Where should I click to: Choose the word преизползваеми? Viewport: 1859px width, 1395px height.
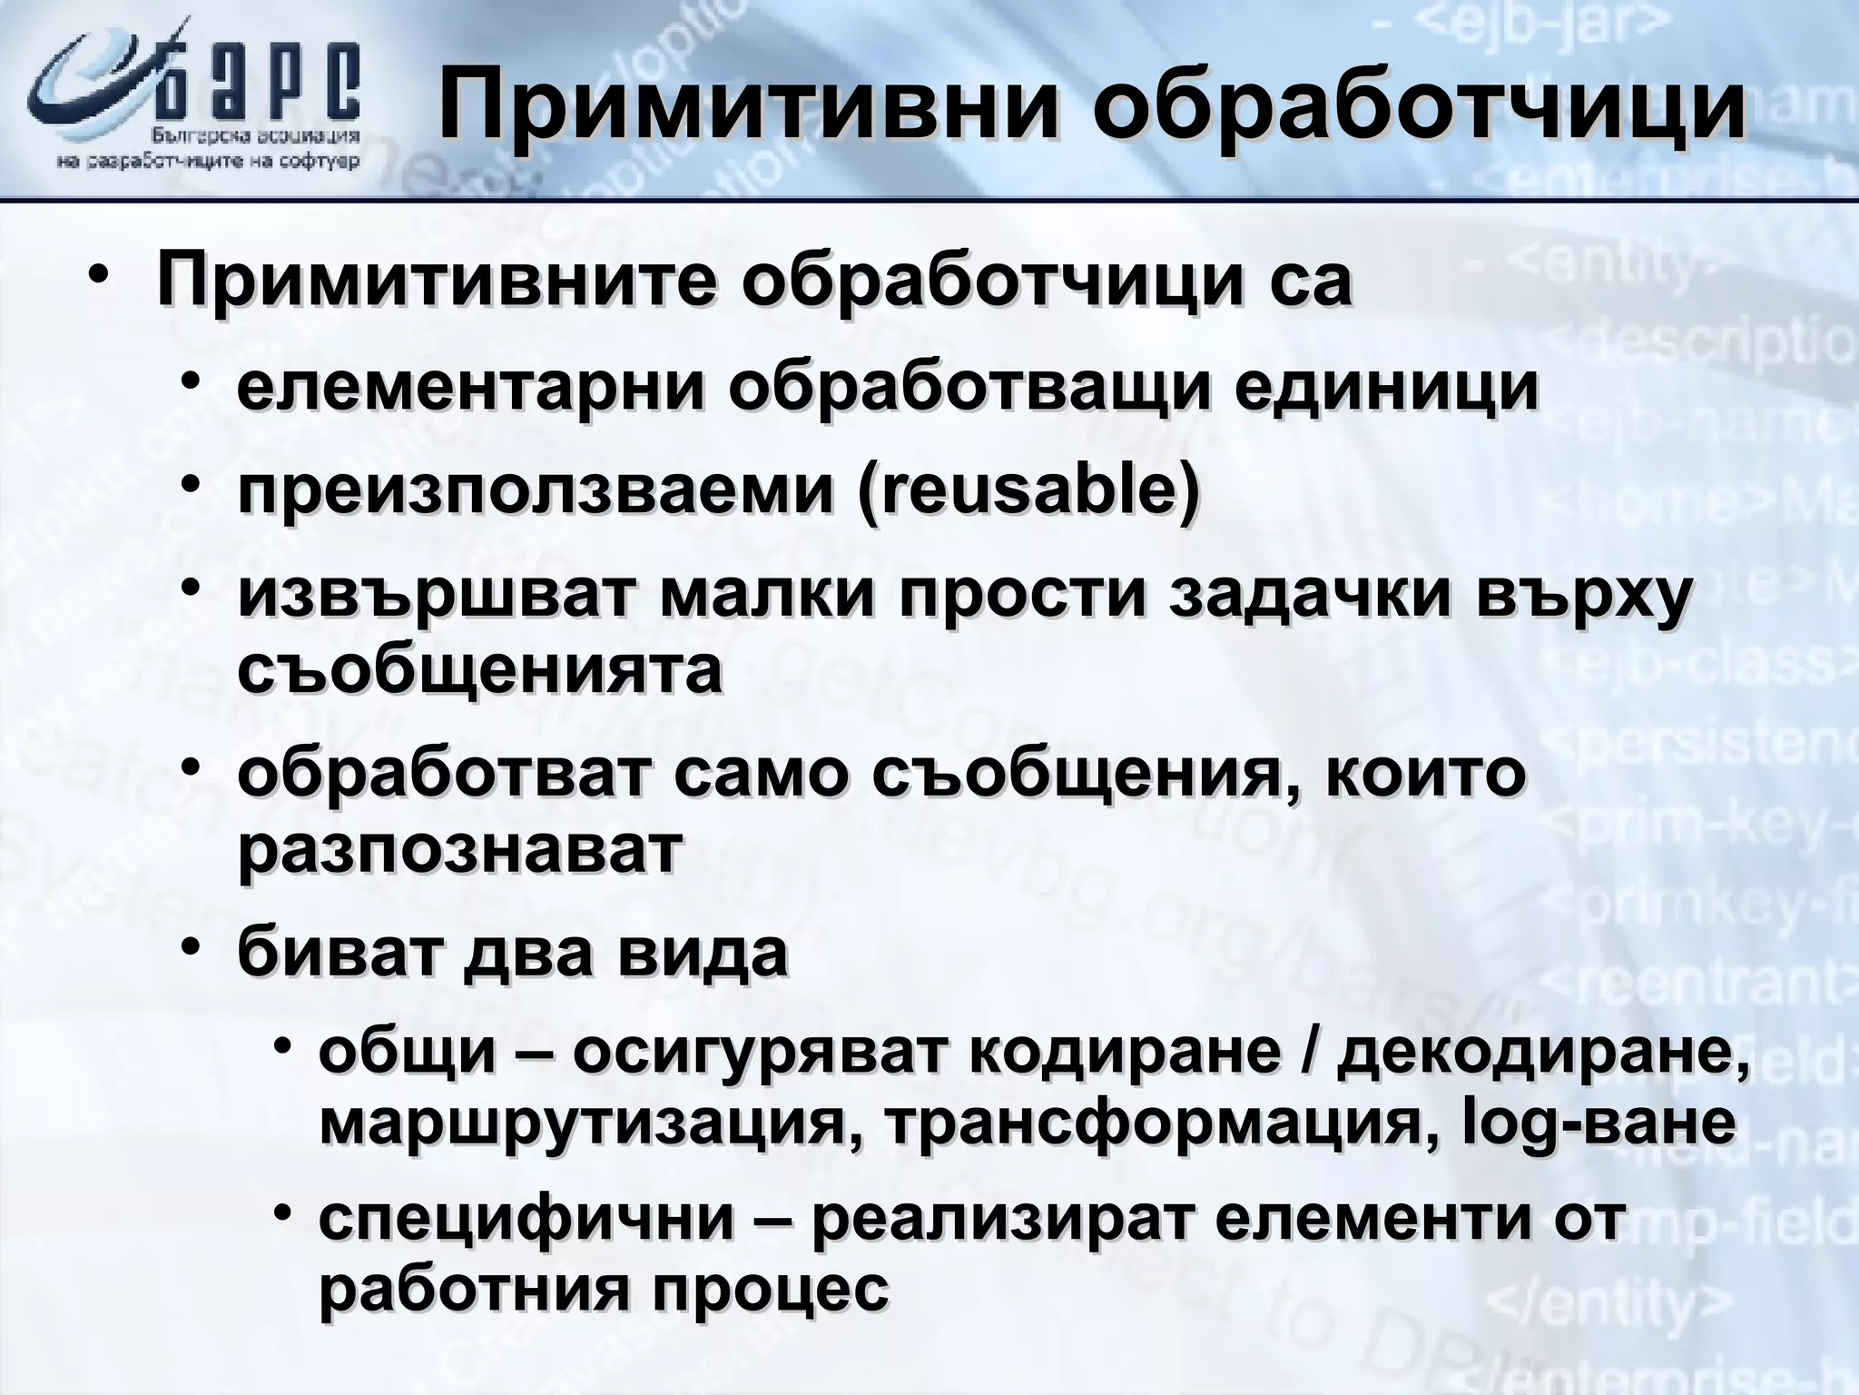tap(536, 491)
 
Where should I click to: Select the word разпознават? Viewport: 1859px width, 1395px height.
tap(458, 849)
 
